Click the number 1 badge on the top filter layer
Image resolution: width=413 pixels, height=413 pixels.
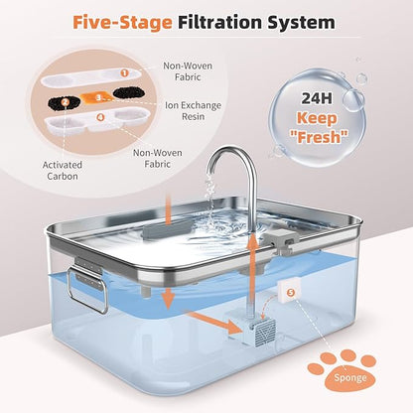(124, 71)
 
